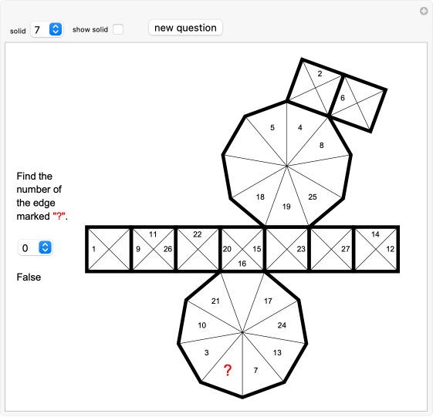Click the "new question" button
tap(185, 28)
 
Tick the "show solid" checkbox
tap(117, 29)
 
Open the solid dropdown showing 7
tap(46, 29)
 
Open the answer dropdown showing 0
tap(36, 247)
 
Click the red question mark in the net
tap(228, 371)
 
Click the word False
tap(29, 277)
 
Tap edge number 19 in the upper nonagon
tap(286, 207)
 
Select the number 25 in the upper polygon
tap(312, 197)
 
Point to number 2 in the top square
tap(319, 74)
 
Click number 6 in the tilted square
tap(343, 98)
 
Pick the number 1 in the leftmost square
tap(93, 249)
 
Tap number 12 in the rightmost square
tap(391, 249)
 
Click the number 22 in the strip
tap(198, 234)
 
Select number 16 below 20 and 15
tap(242, 264)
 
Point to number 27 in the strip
tap(345, 249)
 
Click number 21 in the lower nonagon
tap(216, 301)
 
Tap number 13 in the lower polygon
tap(277, 352)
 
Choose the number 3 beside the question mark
tap(207, 352)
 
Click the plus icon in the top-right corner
tap(423, 11)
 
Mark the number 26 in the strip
tap(167, 249)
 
